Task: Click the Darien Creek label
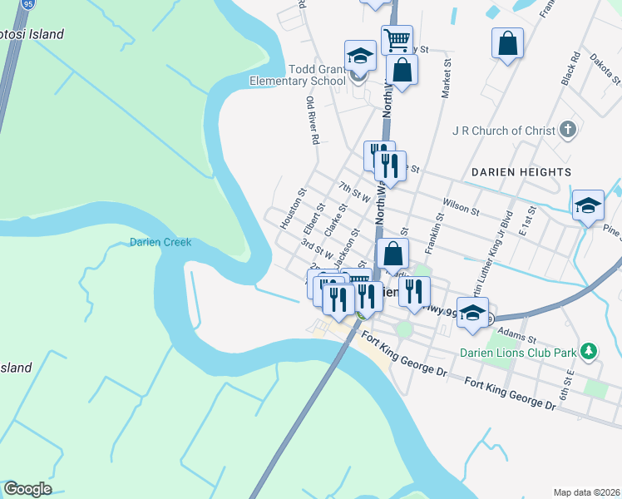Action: coord(160,242)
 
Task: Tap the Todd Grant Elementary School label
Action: coord(299,75)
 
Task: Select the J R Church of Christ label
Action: coord(504,131)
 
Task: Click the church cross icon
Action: coord(568,130)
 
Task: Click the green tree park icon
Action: coord(589,352)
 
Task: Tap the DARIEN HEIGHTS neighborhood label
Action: coord(521,172)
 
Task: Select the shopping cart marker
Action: coord(397,38)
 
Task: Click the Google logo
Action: coord(27,489)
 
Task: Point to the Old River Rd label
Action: coord(313,121)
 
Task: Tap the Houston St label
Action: coord(294,208)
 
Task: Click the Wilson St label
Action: coord(462,206)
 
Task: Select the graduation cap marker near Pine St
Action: coord(588,205)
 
